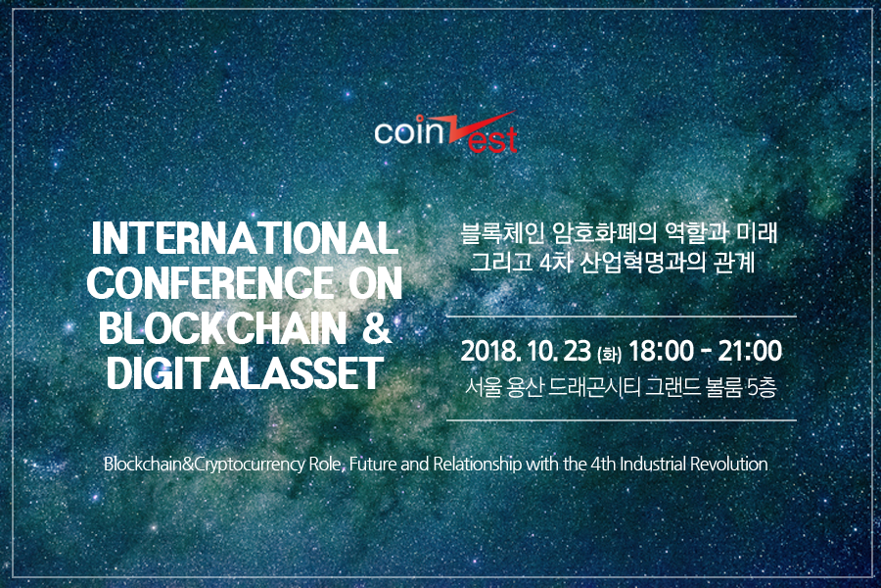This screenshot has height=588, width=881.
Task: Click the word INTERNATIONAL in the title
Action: [244, 237]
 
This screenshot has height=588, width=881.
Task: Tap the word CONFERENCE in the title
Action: [210, 282]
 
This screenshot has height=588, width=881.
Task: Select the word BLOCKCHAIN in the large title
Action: [222, 327]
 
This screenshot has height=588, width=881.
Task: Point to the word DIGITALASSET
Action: [245, 372]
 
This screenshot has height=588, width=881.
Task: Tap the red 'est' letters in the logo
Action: [492, 140]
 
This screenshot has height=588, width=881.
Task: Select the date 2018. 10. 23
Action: [526, 351]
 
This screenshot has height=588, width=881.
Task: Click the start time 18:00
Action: [661, 351]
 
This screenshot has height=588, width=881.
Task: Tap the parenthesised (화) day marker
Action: [610, 354]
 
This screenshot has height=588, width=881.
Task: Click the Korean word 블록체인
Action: [499, 233]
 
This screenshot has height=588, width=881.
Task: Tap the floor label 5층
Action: [763, 388]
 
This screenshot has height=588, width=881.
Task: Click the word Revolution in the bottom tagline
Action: [728, 465]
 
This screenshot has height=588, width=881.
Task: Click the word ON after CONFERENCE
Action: [375, 282]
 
